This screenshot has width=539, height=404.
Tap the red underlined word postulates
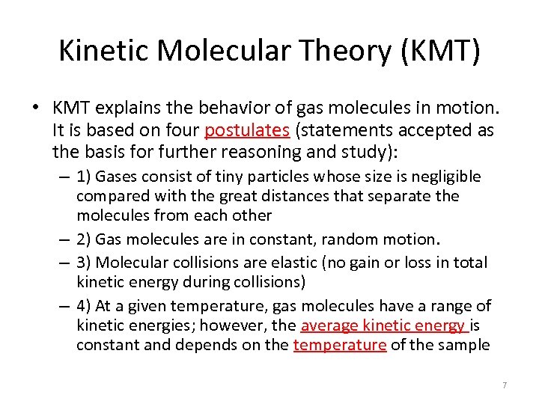point(246,130)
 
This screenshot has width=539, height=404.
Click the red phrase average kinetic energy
point(383,325)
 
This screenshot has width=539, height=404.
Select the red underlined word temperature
point(340,345)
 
